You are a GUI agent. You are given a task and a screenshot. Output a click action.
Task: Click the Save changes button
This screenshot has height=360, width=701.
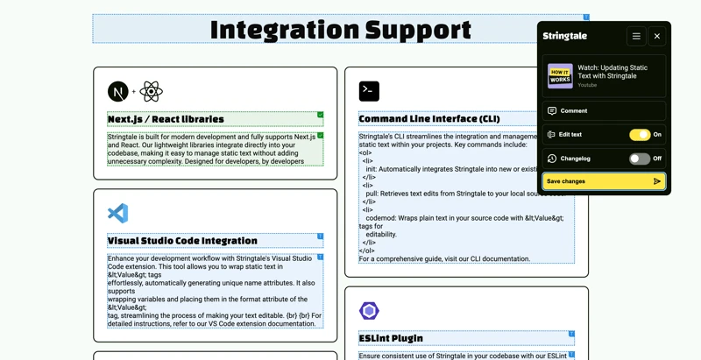click(604, 181)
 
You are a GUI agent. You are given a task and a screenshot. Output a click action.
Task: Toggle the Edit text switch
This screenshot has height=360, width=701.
click(640, 134)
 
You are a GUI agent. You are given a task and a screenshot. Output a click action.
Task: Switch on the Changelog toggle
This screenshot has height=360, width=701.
click(640, 159)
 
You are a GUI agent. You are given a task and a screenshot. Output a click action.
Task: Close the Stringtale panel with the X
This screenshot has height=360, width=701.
click(656, 36)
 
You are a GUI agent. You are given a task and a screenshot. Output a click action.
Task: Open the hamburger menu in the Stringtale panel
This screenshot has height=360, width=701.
click(636, 36)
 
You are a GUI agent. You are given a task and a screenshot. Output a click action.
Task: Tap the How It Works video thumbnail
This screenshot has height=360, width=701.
click(560, 76)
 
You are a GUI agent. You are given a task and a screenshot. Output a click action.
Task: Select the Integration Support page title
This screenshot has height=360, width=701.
click(341, 30)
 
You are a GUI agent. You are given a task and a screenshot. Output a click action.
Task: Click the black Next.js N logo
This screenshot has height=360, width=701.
click(118, 92)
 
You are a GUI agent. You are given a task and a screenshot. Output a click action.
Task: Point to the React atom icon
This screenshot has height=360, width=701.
click(151, 92)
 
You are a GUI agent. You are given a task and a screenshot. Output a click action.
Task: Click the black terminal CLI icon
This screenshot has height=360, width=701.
click(369, 91)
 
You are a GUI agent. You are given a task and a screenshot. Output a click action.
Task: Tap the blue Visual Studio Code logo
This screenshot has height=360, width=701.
click(118, 213)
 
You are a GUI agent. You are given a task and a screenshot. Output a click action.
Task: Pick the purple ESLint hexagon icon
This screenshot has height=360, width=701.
click(369, 311)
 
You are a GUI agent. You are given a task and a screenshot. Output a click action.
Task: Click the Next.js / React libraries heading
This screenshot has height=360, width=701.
click(166, 119)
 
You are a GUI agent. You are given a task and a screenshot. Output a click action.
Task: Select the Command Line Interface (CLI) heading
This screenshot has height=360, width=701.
click(429, 119)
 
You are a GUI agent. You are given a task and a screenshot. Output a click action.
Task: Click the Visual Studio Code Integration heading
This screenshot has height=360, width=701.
click(182, 241)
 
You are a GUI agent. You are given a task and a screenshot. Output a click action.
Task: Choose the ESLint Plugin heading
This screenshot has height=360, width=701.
click(391, 338)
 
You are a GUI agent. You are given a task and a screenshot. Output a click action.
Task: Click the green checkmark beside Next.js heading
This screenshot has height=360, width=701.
click(320, 115)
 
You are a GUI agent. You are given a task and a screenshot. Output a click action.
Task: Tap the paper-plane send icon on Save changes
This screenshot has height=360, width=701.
click(656, 181)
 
